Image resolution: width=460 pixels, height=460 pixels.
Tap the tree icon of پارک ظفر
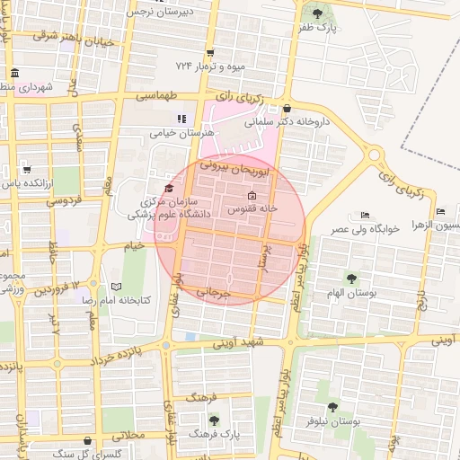319,13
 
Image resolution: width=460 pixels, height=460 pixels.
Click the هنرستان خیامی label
182,132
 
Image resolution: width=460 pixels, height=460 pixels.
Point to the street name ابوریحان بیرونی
236,164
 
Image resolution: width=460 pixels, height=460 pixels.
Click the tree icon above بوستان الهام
350,279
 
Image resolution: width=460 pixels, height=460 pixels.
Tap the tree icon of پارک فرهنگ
213,420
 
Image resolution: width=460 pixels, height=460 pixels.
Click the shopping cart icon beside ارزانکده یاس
26,170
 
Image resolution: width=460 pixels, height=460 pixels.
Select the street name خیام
134,245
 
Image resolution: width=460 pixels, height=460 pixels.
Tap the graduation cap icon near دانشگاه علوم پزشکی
169,187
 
